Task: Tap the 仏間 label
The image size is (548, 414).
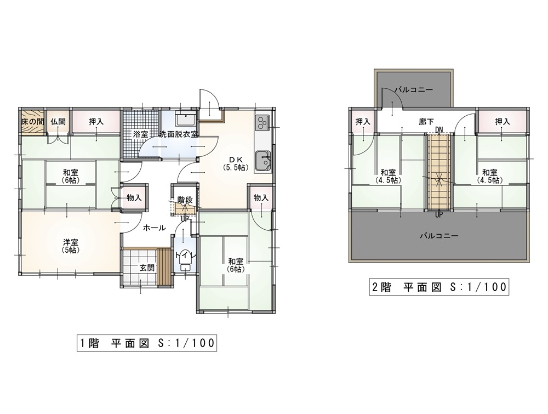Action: [x=58, y=122]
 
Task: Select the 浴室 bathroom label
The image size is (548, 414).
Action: [x=140, y=134]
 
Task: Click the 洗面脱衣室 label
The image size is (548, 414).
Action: [x=179, y=134]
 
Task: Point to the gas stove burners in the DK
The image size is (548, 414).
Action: [x=263, y=122]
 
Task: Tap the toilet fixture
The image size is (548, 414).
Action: [x=184, y=261]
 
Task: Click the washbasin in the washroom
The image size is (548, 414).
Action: [x=186, y=120]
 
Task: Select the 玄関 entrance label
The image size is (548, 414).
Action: [x=147, y=268]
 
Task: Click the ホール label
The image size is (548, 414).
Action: [x=154, y=228]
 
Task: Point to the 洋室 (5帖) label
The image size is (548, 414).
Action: [x=70, y=246]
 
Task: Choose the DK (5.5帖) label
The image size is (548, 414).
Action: [x=236, y=163]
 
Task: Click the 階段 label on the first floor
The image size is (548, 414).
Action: [x=185, y=200]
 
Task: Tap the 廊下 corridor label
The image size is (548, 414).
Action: [x=426, y=122]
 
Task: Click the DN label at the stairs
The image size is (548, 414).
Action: [x=439, y=130]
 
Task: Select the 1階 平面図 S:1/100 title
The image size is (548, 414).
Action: [x=147, y=343]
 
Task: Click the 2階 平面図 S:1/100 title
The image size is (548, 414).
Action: [x=439, y=287]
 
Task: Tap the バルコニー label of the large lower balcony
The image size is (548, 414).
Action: [x=439, y=236]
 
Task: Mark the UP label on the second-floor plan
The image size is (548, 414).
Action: [x=439, y=215]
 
